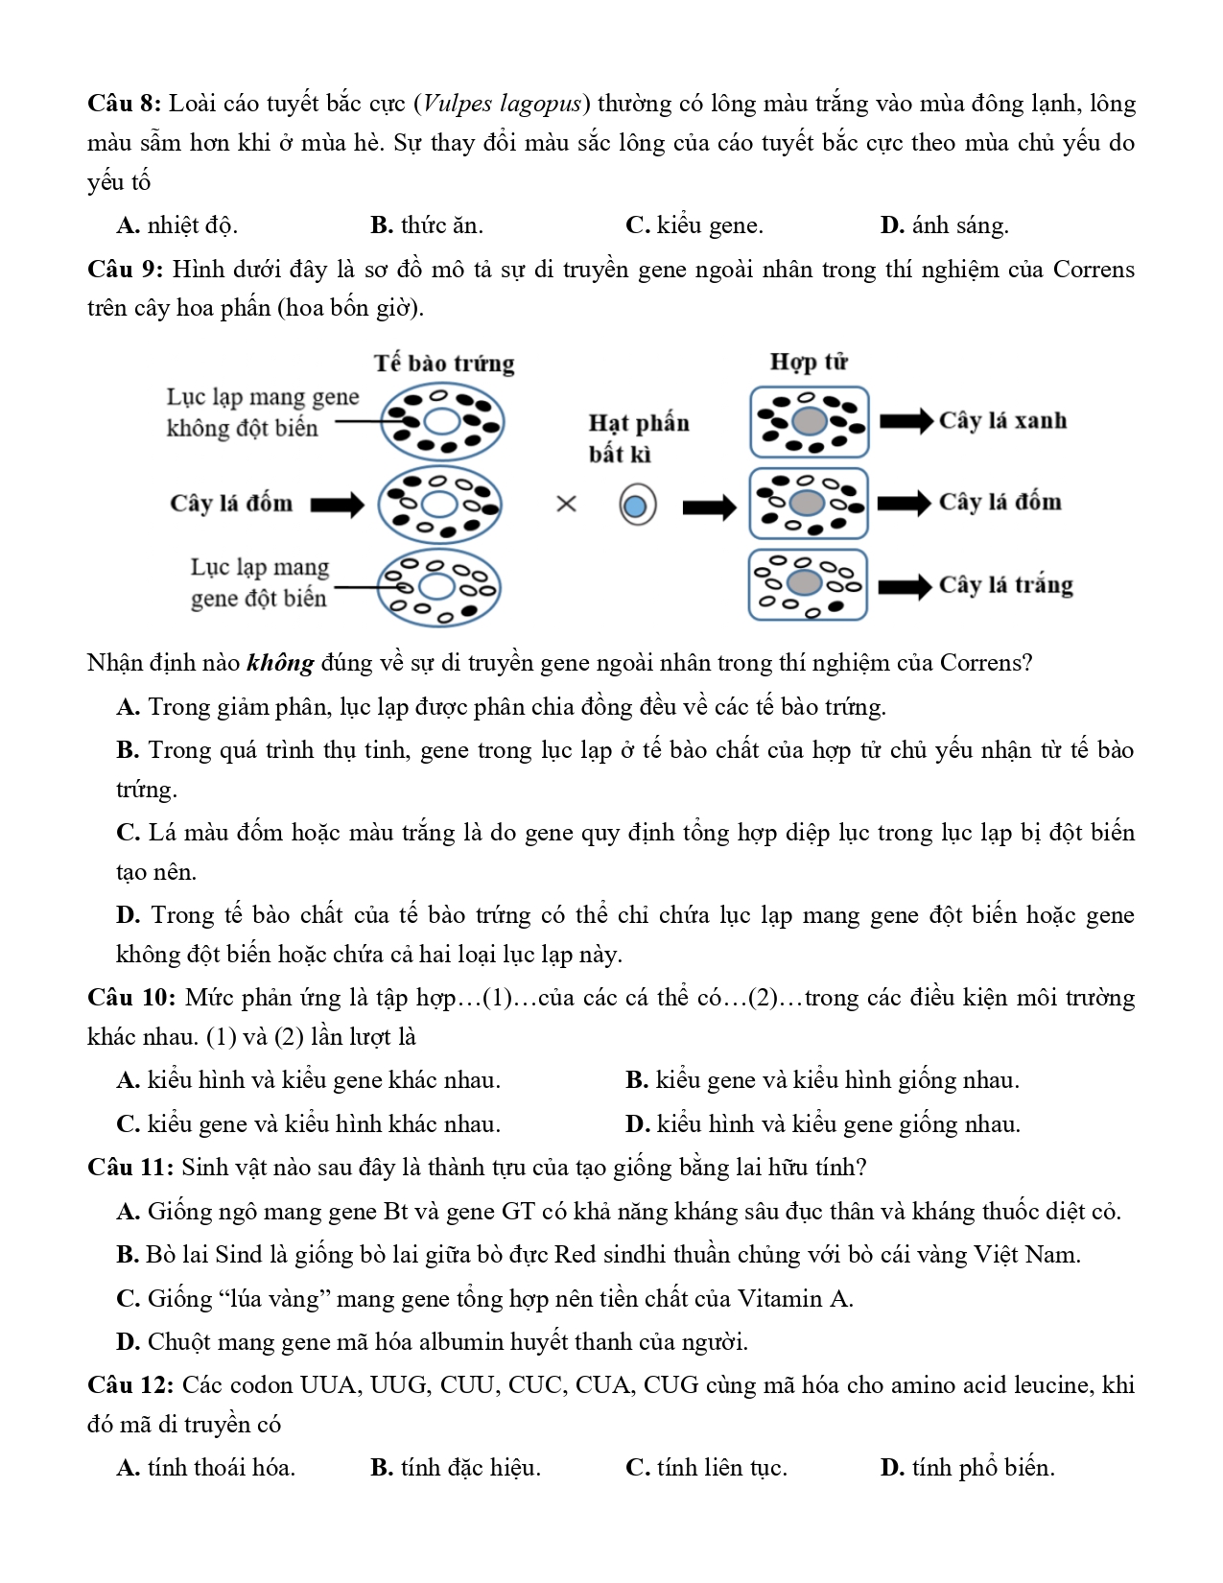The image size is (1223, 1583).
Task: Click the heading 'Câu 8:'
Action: [125, 104]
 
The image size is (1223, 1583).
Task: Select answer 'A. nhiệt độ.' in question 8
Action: [176, 225]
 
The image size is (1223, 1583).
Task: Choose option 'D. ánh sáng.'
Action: [944, 225]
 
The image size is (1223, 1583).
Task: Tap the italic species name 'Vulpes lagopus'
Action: [502, 104]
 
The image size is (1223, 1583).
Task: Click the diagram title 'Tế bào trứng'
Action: [444, 364]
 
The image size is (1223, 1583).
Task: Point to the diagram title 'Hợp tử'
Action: [809, 362]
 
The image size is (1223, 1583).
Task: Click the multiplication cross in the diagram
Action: [567, 504]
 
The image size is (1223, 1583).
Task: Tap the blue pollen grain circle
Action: [636, 506]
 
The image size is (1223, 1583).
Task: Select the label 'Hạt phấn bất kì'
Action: [638, 437]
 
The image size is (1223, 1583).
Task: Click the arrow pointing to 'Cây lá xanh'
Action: [905, 421]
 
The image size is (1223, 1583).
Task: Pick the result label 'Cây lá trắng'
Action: [1005, 585]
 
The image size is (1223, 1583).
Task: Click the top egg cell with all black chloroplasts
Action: [442, 421]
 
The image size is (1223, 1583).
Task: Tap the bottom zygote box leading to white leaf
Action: [808, 584]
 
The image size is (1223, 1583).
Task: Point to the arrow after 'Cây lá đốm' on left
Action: [337, 505]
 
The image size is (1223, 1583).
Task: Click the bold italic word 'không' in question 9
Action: [280, 663]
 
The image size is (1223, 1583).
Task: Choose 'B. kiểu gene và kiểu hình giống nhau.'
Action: [822, 1080]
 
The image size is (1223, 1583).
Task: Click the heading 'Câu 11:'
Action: [130, 1168]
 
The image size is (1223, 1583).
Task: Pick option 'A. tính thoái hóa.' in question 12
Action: [205, 1468]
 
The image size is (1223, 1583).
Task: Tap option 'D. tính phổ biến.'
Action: [967, 1468]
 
